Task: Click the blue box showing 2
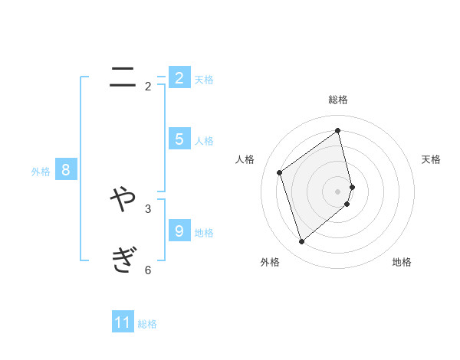click(179, 77)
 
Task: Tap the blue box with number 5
click(179, 139)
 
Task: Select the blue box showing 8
click(66, 170)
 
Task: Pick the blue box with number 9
click(179, 231)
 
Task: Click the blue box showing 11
click(123, 322)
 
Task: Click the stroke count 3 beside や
click(148, 208)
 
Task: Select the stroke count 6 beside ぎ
click(148, 270)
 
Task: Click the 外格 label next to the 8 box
click(41, 172)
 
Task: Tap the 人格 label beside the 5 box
click(204, 141)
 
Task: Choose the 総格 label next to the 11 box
click(147, 324)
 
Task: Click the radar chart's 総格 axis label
click(338, 100)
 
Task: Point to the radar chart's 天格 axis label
click(431, 159)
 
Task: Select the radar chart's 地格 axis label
click(402, 262)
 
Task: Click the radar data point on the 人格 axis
click(280, 172)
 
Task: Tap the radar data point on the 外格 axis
click(302, 242)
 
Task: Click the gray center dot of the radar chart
click(338, 191)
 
